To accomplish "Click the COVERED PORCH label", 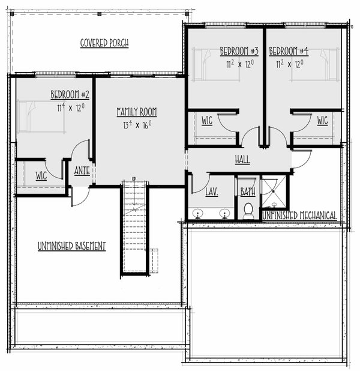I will pos(104,43).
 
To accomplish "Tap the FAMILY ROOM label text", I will pos(137,112).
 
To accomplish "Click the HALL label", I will pos(242,160).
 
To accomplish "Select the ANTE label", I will pos(82,170).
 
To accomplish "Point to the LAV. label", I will pos(211,192).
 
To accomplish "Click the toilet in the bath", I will pos(247,211).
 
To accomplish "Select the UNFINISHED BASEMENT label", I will pos(71,246).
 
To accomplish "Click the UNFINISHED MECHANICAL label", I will pos(299,216).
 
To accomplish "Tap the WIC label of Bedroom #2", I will pos(41,176).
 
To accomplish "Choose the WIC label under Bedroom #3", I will pos(207,121).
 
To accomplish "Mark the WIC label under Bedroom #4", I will pos(322,121).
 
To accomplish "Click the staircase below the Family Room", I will pos(134,228).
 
